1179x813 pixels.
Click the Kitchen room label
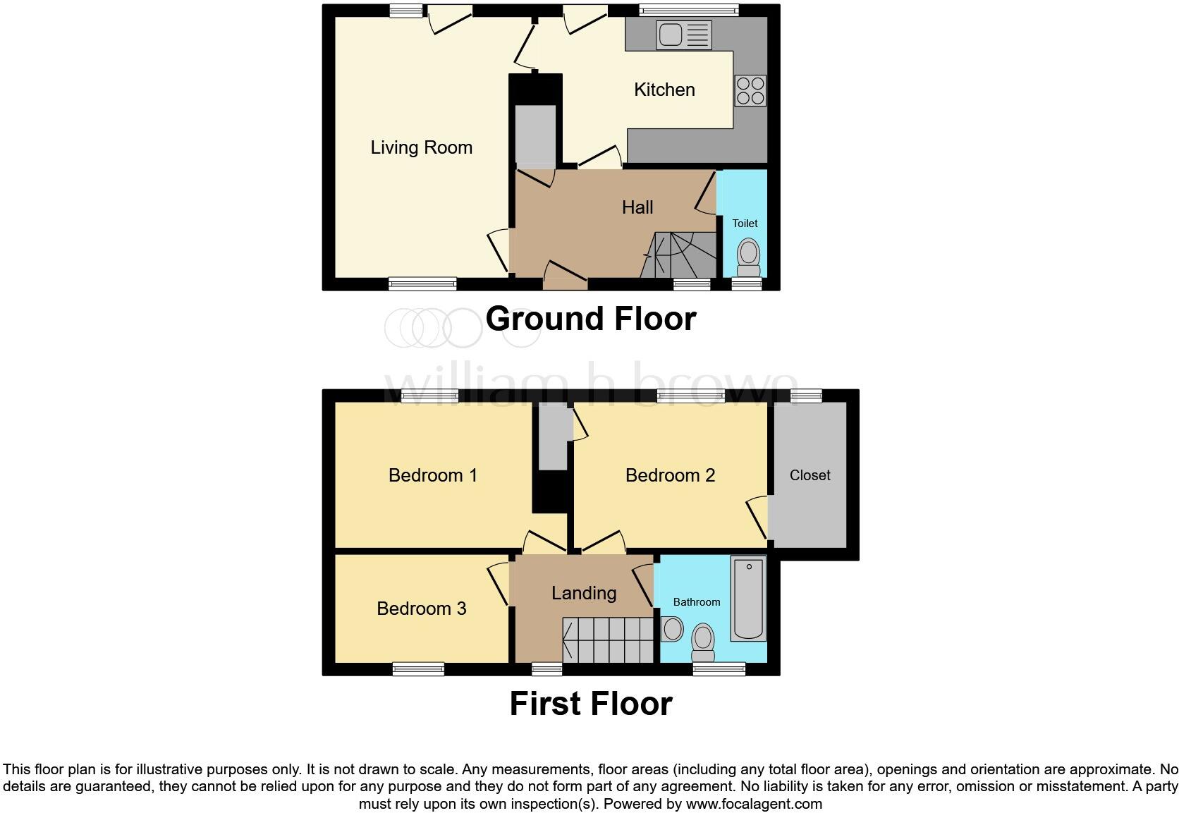coord(664,90)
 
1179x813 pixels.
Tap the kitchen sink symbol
coord(683,35)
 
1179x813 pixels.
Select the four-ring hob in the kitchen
coord(750,90)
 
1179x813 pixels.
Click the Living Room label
coord(421,147)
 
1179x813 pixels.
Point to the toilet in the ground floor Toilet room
coord(748,257)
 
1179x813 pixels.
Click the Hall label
coord(637,207)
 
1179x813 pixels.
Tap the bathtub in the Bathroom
coord(748,598)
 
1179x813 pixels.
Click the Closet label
coord(810,475)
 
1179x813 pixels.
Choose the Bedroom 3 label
coord(421,609)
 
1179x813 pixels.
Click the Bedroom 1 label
coord(432,475)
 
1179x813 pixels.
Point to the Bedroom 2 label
coord(670,475)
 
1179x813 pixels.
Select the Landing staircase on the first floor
coord(608,640)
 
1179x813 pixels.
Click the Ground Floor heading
coord(590,319)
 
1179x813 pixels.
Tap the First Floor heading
coord(590,704)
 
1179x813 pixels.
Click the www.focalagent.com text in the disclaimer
coord(752,804)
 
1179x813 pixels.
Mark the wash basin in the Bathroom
coord(671,629)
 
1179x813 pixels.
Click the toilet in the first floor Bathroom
coord(702,642)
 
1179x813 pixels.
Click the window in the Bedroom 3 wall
coord(418,668)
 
